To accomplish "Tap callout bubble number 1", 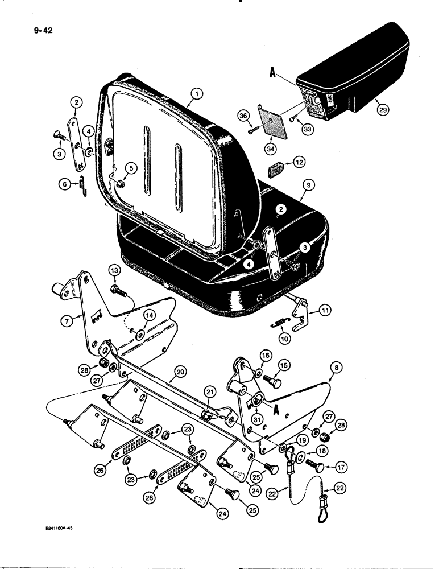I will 195,93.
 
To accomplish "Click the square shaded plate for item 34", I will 271,123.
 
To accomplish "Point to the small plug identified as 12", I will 277,168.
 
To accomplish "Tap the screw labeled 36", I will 254,131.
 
